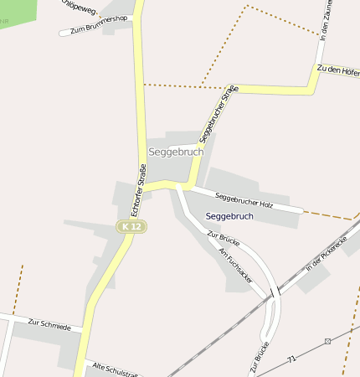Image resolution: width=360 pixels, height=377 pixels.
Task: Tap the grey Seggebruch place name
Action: tap(175, 152)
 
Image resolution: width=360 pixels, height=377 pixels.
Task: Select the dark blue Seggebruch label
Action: tap(229, 216)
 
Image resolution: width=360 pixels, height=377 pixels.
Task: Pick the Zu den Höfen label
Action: tap(338, 70)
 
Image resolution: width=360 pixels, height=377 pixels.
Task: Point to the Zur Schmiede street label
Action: tap(49, 323)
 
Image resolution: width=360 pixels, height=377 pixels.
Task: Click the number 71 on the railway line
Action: tap(291, 359)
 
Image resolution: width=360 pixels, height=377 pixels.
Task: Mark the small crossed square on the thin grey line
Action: tap(328, 341)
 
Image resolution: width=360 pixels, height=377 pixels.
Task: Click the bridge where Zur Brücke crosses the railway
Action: tap(275, 294)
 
